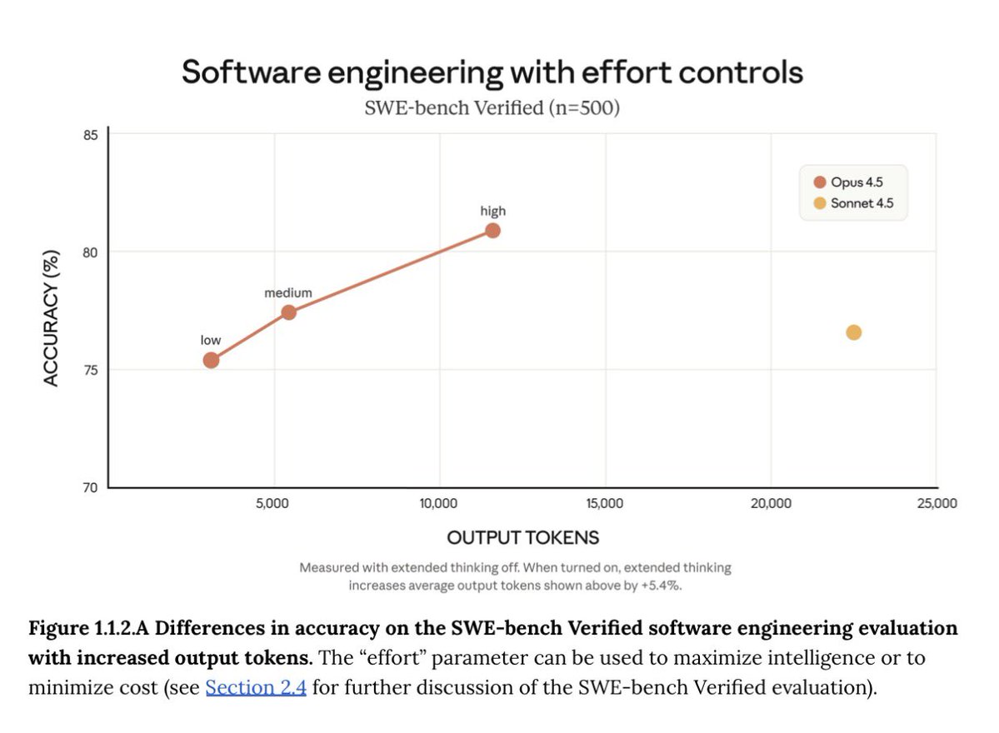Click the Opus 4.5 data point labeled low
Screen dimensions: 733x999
coord(211,360)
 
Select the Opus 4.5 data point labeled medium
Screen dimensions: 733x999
coord(288,312)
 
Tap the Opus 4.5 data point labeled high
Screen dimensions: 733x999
coord(492,230)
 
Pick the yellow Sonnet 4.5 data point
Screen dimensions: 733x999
coord(853,332)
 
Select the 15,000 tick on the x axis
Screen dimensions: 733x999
coord(605,504)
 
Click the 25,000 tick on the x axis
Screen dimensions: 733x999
coord(937,504)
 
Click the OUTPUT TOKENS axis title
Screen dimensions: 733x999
coord(522,537)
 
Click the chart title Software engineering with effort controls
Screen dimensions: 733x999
coord(492,72)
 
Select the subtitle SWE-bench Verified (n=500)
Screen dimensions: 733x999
coord(492,108)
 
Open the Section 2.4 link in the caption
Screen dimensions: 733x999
coord(256,689)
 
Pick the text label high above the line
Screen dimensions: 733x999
coord(492,211)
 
